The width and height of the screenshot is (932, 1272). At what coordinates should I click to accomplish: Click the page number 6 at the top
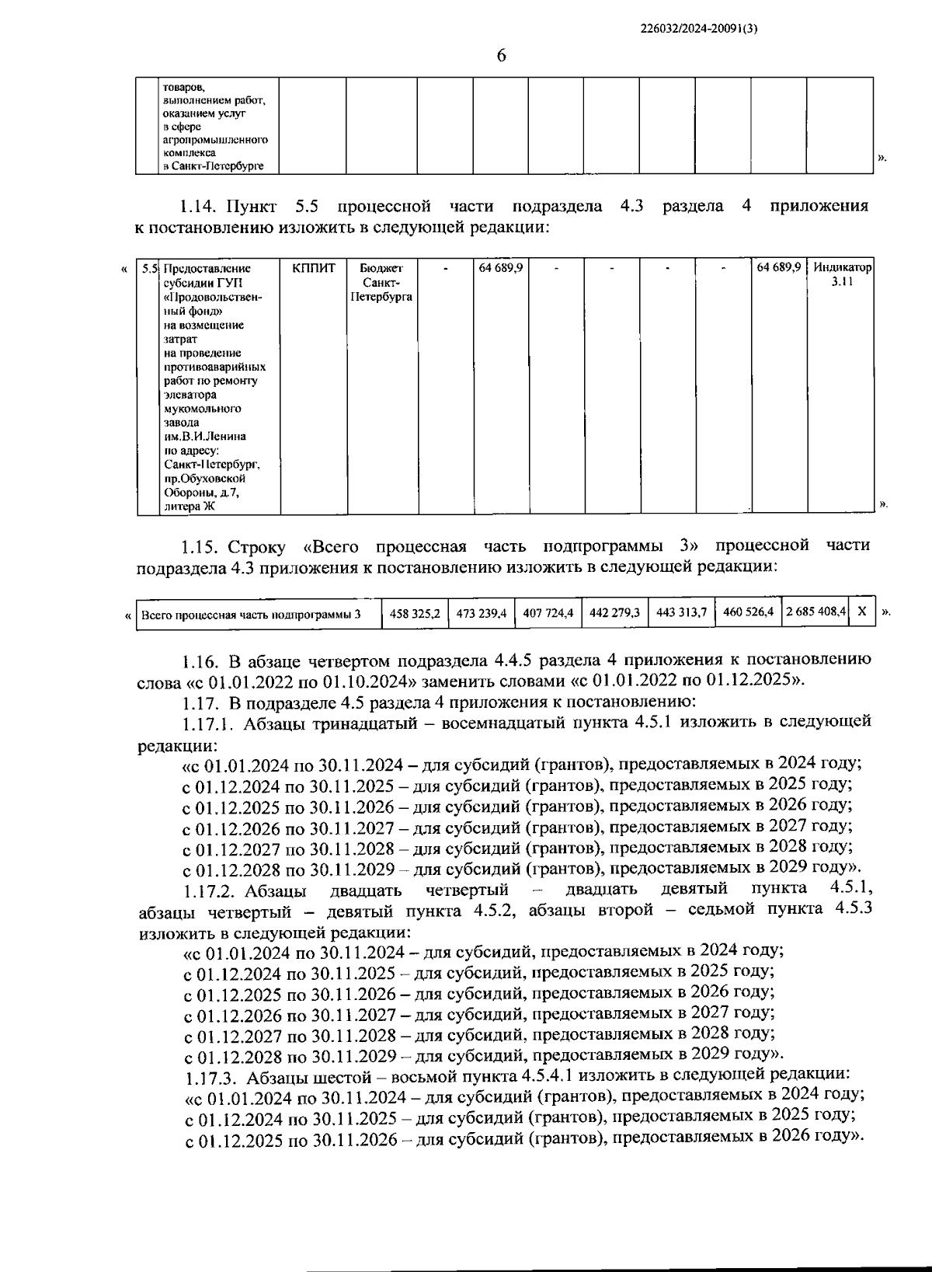pyautogui.click(x=501, y=56)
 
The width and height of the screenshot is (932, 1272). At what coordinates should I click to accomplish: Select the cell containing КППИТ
pyautogui.click(x=314, y=268)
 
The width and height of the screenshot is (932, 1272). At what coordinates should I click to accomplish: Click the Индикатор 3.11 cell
pyautogui.click(x=842, y=274)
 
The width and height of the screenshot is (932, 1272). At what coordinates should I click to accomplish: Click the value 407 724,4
pyautogui.click(x=548, y=613)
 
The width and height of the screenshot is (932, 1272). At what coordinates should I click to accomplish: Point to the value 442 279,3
pyautogui.click(x=614, y=613)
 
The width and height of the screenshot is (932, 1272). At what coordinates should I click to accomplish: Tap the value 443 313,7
pyautogui.click(x=681, y=613)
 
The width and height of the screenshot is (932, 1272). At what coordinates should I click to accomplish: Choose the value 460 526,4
pyautogui.click(x=748, y=613)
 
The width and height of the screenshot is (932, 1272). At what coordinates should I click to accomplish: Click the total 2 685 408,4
pyautogui.click(x=815, y=613)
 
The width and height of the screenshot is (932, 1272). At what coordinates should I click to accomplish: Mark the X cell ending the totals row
pyautogui.click(x=862, y=612)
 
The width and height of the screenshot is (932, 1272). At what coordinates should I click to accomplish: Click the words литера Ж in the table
pyautogui.click(x=190, y=507)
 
